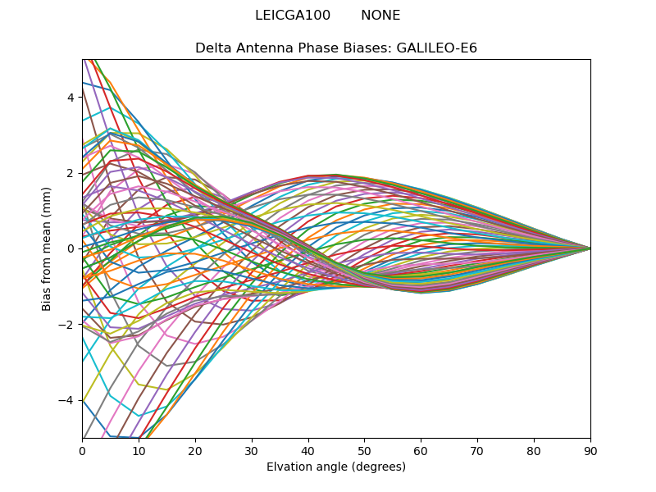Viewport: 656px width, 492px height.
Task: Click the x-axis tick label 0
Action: (x=82, y=450)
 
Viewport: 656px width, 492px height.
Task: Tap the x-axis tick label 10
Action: (x=139, y=450)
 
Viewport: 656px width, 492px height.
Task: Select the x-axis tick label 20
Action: (x=195, y=450)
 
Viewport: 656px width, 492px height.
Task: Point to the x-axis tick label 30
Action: (x=252, y=450)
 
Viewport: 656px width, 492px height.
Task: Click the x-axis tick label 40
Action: (x=308, y=450)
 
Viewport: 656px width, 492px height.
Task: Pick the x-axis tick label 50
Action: (x=364, y=450)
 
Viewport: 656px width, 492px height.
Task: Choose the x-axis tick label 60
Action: (x=421, y=450)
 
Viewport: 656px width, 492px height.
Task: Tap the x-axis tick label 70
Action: (x=477, y=450)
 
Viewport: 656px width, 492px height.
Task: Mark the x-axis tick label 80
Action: (x=534, y=450)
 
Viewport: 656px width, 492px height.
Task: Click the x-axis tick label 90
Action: (x=590, y=450)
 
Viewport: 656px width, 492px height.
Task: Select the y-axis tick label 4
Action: (x=71, y=98)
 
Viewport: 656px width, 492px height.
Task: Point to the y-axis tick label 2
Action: (x=71, y=173)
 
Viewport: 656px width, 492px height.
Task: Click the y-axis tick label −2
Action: (x=67, y=325)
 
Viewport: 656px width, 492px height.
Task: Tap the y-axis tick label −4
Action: (x=67, y=400)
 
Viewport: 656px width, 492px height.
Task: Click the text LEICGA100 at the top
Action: (x=293, y=16)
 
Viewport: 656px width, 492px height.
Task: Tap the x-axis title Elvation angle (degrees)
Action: (x=336, y=467)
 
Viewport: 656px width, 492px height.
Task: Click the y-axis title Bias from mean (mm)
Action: (x=47, y=248)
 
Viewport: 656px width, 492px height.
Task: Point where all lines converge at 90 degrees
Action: (x=590, y=248)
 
